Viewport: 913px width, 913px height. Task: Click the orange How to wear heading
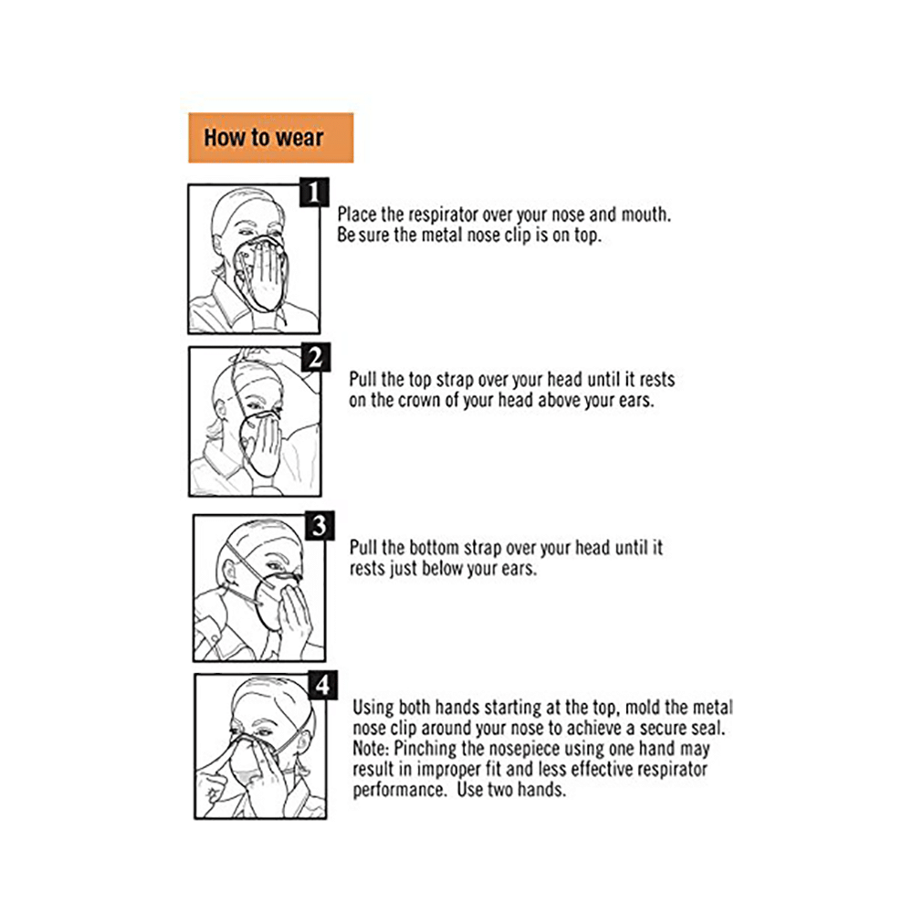(x=271, y=138)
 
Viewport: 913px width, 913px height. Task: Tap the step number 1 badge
(x=314, y=192)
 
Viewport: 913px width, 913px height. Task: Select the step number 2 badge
(x=316, y=357)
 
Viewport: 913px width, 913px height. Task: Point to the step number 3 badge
(x=320, y=526)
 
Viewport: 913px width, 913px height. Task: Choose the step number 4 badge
(x=323, y=686)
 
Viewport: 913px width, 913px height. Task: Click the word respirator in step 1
(x=443, y=215)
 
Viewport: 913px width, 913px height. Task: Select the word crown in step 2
(x=419, y=401)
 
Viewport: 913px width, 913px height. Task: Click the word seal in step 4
(x=708, y=728)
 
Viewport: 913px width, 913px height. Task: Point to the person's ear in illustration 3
(x=229, y=573)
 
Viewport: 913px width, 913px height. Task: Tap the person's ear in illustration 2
(x=221, y=411)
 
